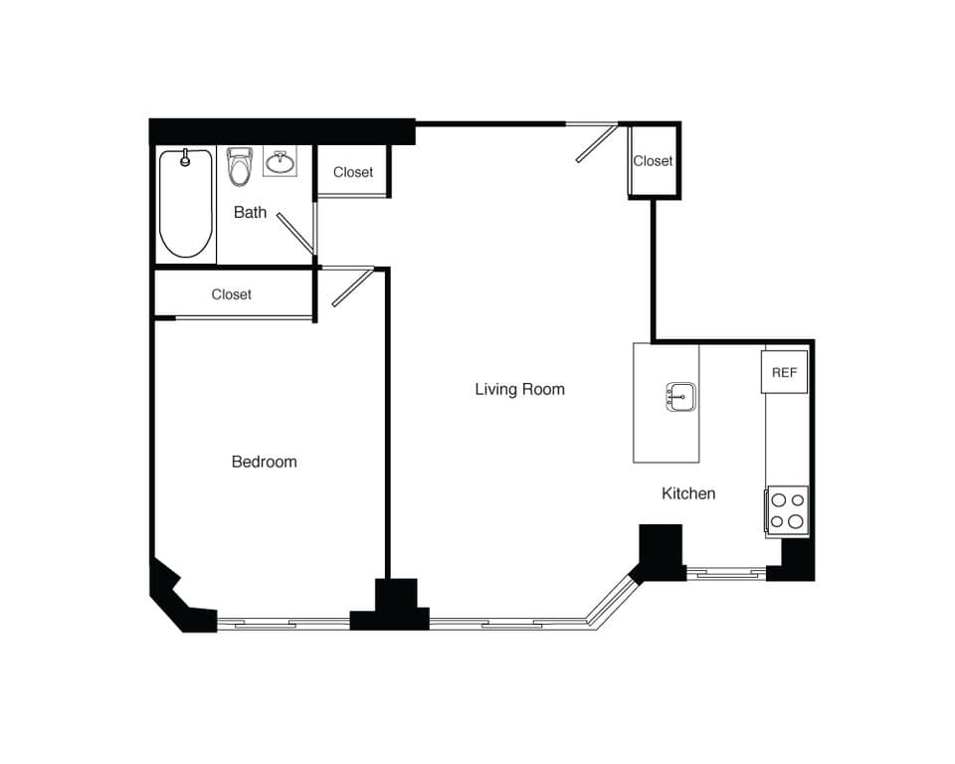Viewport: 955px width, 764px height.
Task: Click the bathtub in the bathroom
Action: (x=186, y=204)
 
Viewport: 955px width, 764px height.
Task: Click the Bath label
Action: (x=250, y=212)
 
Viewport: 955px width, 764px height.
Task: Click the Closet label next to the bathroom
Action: (x=353, y=172)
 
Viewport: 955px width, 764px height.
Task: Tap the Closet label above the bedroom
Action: (x=231, y=294)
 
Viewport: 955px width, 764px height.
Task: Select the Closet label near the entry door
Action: (x=653, y=161)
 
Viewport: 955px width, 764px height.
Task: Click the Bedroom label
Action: (x=264, y=462)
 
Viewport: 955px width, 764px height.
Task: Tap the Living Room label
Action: (x=519, y=389)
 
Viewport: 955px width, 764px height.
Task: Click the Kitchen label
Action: (x=688, y=493)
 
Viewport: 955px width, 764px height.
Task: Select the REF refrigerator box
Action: (x=784, y=372)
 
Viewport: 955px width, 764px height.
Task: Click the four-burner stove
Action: (x=787, y=511)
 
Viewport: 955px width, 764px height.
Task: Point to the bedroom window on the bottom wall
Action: (x=284, y=624)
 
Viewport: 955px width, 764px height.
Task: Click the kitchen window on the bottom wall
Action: (x=725, y=573)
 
